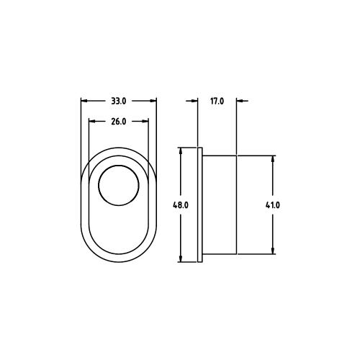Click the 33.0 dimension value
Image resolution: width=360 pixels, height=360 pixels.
(119, 102)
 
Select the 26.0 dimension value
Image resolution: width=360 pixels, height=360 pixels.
(119, 122)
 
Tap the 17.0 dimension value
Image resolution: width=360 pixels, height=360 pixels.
(217, 102)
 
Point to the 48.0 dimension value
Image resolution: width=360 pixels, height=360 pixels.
(180, 205)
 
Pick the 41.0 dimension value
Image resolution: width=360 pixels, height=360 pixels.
(272, 205)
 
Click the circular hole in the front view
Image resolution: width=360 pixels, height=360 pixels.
(119, 185)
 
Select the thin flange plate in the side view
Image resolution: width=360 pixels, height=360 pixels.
(200, 205)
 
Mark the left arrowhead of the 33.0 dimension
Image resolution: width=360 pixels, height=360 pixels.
(84, 102)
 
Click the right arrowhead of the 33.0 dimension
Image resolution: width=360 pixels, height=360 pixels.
(153, 102)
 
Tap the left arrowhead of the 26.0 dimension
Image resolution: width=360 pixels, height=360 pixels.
(91, 122)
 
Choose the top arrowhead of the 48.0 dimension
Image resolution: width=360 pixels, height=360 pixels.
(180, 152)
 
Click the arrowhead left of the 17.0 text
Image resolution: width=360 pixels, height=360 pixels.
(194, 102)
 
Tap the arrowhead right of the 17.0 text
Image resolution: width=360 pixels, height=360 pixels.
(240, 102)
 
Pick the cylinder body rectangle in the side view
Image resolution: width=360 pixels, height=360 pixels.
(220, 205)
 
